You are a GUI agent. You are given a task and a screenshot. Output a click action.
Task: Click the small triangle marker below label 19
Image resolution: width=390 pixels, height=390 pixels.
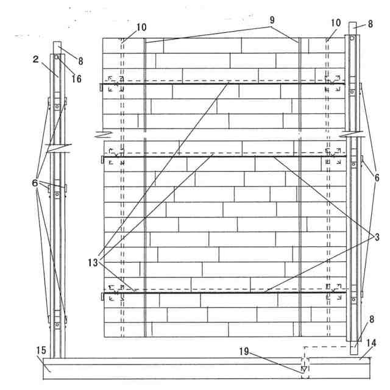(303, 369)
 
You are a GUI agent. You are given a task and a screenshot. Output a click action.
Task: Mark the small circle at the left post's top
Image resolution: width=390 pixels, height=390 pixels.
(55, 57)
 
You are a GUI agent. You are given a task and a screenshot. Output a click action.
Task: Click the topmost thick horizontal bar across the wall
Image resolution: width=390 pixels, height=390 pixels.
(225, 84)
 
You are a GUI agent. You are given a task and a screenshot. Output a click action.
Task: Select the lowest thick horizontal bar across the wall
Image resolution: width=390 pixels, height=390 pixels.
(225, 292)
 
